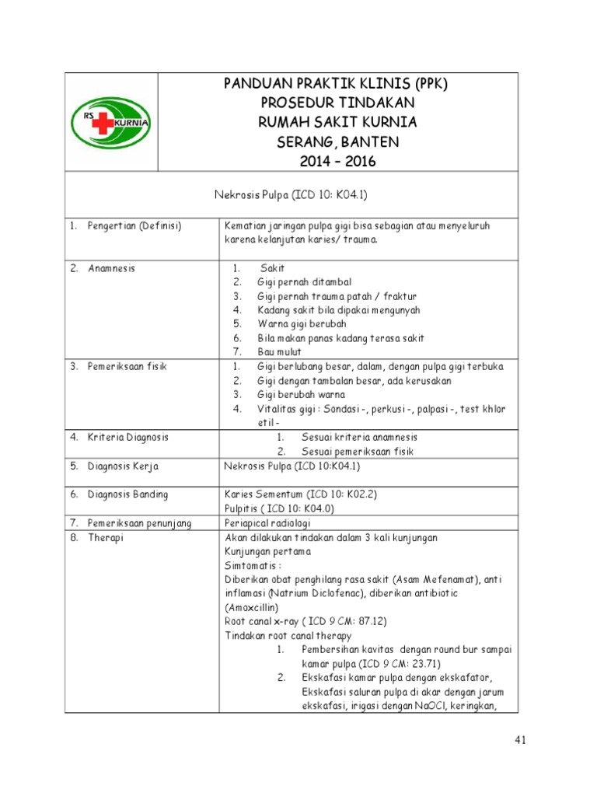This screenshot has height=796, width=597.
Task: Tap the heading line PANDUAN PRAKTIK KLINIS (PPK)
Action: [336, 84]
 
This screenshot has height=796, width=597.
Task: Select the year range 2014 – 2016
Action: [336, 162]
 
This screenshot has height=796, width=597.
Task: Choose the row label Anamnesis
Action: [111, 268]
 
